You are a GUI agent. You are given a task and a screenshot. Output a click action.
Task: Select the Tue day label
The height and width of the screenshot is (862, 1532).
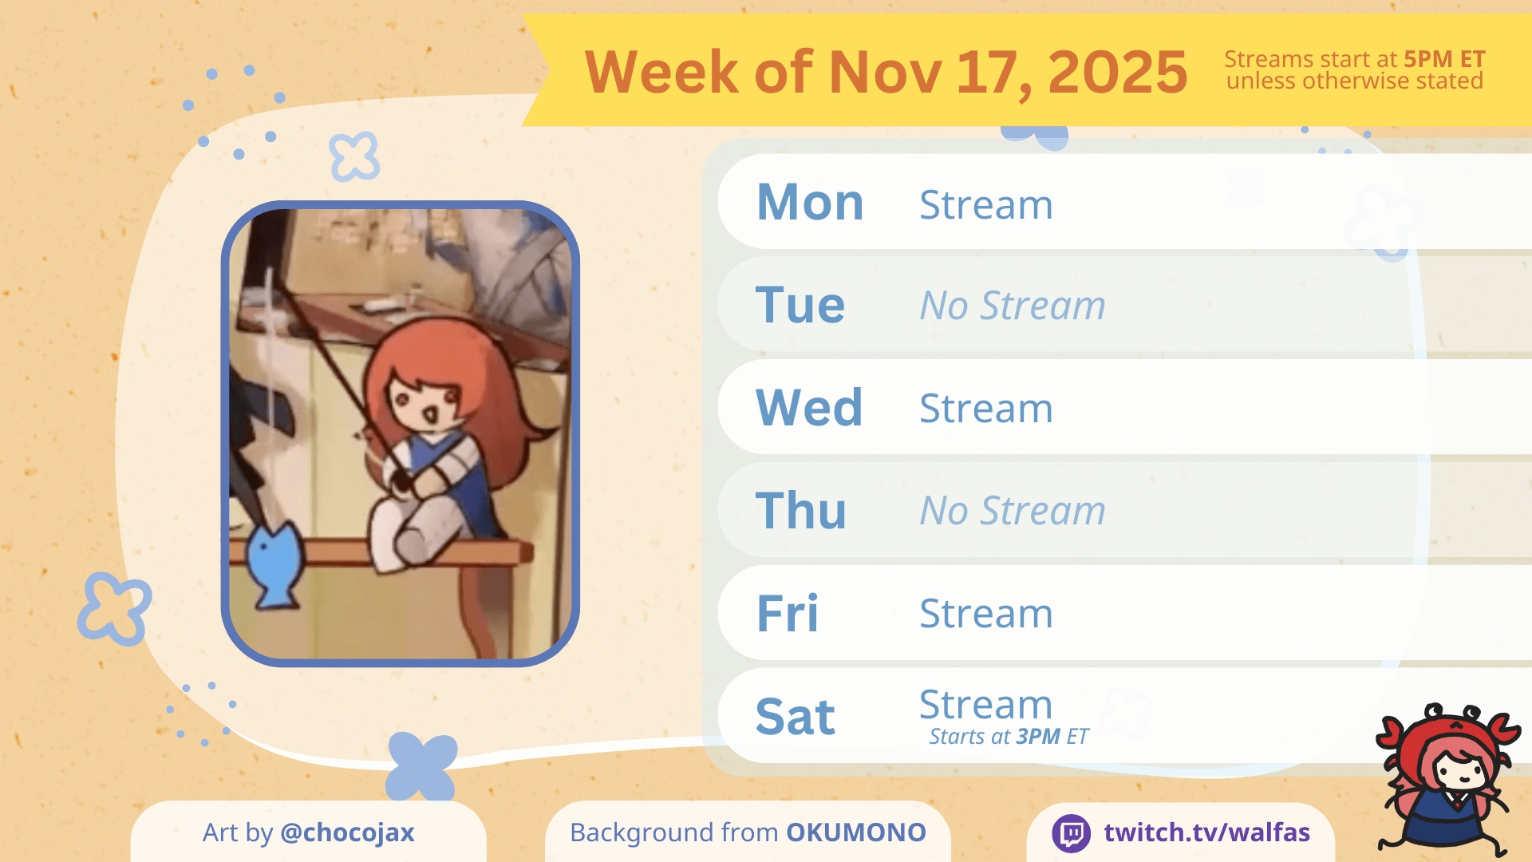tap(800, 305)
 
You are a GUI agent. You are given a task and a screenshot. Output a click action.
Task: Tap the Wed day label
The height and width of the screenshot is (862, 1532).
tap(809, 407)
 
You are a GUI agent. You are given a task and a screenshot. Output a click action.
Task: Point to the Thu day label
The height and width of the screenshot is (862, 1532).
tap(801, 510)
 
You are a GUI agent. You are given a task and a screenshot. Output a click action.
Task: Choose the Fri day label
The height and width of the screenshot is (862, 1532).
tap(788, 613)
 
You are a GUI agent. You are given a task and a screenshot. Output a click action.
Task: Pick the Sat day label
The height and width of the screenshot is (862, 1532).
tap(796, 716)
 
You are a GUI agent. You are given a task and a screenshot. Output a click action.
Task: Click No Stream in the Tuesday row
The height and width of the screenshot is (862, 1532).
tap(1013, 305)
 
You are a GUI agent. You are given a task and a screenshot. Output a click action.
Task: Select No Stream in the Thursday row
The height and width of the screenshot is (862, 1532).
tap(1013, 510)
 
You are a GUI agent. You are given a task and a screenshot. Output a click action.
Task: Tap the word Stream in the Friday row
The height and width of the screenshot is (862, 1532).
tap(986, 613)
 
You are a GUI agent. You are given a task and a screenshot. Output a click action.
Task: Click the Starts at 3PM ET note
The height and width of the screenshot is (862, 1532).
tap(1009, 736)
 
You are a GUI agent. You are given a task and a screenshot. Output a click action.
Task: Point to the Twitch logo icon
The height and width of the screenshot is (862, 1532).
tap(1072, 833)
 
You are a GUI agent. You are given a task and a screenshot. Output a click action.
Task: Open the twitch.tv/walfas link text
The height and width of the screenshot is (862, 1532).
tap(1207, 832)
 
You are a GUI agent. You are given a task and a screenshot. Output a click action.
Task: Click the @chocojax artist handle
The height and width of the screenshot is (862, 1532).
tap(347, 833)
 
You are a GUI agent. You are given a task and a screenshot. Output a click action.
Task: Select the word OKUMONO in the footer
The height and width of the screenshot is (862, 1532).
tap(856, 832)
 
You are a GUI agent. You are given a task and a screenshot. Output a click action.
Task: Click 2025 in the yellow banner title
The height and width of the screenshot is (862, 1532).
tap(1117, 72)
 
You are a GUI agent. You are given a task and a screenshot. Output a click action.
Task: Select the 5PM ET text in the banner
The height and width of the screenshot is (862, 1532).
tap(1444, 59)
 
